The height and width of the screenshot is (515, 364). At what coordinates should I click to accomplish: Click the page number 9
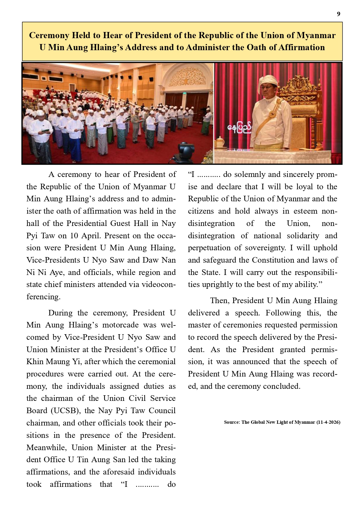coord(338,14)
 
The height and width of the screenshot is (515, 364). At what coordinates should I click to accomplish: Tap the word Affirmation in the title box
coord(300,47)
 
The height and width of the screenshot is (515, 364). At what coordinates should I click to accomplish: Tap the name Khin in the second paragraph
coord(34,362)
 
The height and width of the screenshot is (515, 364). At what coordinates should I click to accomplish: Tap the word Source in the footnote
coord(231,422)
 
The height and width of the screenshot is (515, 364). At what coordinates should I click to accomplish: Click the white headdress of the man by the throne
coord(267,81)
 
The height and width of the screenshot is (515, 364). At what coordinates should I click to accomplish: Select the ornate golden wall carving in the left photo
coord(187,77)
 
